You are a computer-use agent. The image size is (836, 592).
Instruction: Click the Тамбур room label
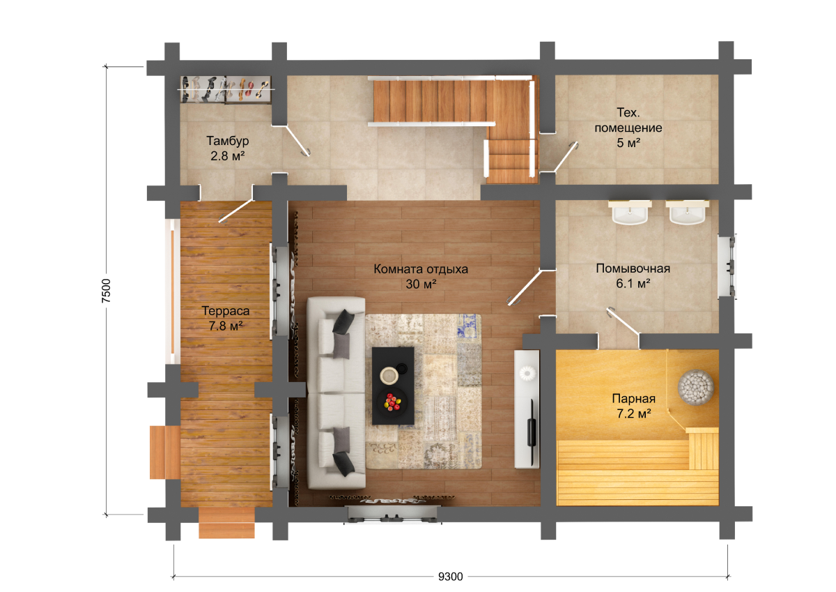tap(227, 141)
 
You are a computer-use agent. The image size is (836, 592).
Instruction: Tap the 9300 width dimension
tap(450, 577)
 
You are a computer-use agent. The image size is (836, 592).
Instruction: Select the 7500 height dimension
tap(107, 290)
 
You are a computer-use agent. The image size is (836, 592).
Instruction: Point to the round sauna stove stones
tap(696, 387)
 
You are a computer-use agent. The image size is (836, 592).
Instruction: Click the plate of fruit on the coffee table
tap(392, 402)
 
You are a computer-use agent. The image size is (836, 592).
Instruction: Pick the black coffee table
tap(393, 386)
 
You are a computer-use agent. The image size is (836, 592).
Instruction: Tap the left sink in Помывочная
tap(630, 213)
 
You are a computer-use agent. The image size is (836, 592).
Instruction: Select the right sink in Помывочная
tap(687, 213)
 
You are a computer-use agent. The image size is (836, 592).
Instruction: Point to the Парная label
tap(634, 399)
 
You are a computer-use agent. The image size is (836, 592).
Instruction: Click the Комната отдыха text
tap(421, 269)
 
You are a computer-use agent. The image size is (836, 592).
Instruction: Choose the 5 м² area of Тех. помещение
tap(628, 143)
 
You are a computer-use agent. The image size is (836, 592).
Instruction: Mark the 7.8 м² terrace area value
tap(226, 326)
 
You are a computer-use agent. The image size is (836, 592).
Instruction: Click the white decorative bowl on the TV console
tap(527, 372)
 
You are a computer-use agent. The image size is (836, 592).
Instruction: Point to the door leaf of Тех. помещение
tap(566, 157)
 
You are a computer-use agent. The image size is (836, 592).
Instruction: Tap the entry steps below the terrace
tap(226, 523)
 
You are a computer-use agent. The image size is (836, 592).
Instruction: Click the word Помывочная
tap(633, 268)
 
